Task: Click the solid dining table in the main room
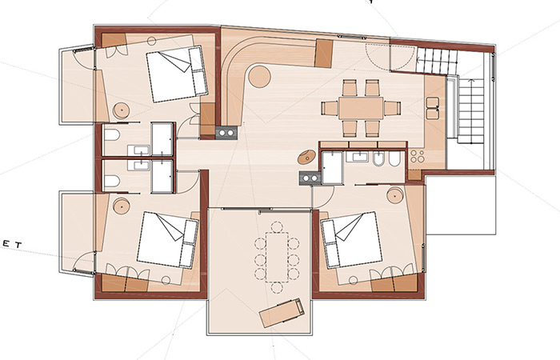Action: click(x=361, y=108)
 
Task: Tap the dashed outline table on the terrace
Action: click(x=277, y=257)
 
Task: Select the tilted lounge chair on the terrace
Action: click(x=282, y=313)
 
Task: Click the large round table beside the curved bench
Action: click(x=260, y=76)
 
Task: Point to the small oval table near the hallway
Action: click(x=306, y=157)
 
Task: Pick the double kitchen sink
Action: click(x=433, y=108)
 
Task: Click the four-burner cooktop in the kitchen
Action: click(x=417, y=156)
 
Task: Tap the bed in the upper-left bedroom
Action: click(x=177, y=74)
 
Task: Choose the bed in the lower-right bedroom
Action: click(x=352, y=240)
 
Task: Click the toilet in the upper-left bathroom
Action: click(x=112, y=135)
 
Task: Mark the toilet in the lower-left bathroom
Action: click(x=112, y=182)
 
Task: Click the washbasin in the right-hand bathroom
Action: click(x=358, y=156)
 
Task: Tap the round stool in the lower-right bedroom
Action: click(x=395, y=195)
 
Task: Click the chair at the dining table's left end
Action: click(x=330, y=108)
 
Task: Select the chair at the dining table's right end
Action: click(x=392, y=108)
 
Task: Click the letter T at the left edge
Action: click(x=18, y=245)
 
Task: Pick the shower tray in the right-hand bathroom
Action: click(x=333, y=167)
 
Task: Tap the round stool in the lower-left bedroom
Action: click(x=122, y=206)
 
